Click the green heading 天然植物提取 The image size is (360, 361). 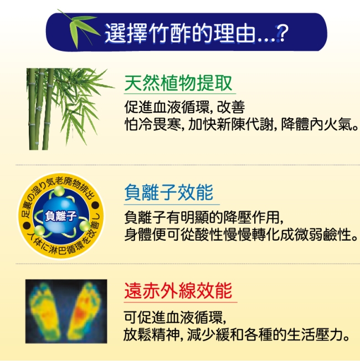pos(178,83)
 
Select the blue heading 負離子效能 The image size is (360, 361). pos(169,192)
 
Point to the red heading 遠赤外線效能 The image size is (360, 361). pos(178,291)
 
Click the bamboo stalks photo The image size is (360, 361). pos(69,109)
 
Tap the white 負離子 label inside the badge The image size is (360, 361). pos(61,216)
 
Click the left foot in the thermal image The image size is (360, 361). pos(45,311)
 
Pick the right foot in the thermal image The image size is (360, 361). pos(84,311)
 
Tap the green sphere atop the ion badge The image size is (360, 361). pos(59,191)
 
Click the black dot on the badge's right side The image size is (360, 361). pos(95,205)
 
